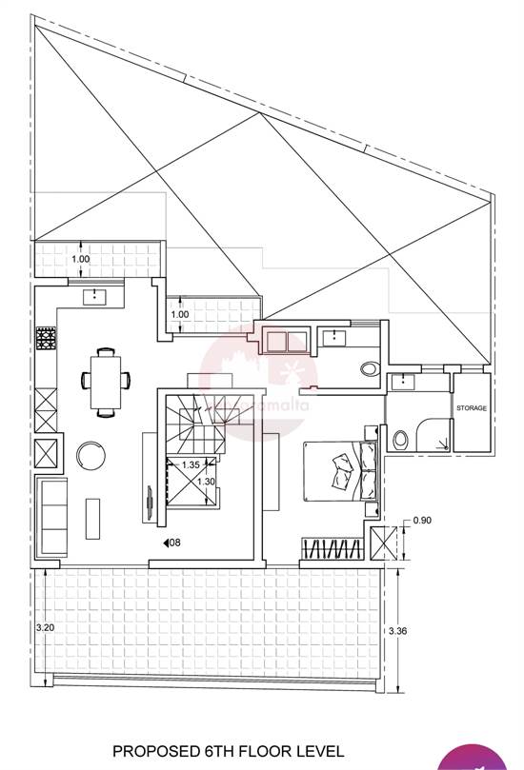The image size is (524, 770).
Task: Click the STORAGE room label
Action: (471, 408)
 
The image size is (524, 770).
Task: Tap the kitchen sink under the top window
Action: (98, 297)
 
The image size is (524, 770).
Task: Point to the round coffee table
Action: (92, 454)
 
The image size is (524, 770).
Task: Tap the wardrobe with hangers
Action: (333, 550)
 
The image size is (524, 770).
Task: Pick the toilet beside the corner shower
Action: (401, 440)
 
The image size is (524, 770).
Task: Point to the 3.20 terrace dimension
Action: (45, 628)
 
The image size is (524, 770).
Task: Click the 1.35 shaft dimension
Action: (190, 465)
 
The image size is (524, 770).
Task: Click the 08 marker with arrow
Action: (172, 543)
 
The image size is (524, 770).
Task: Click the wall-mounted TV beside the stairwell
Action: (149, 503)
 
